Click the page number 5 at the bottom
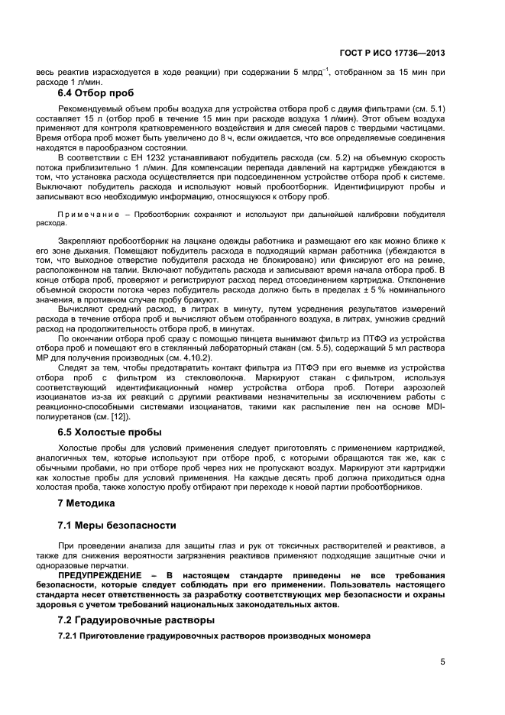tap(442, 662)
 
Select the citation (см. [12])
tap(112, 416)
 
